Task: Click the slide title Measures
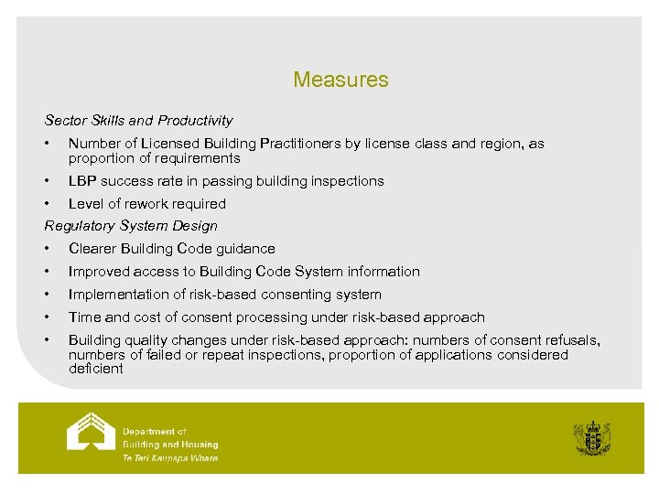[340, 80]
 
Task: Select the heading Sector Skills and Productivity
[138, 120]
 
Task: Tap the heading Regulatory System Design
[131, 226]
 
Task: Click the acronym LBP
[82, 181]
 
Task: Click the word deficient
[95, 369]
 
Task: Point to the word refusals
[572, 340]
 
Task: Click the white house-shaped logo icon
[91, 431]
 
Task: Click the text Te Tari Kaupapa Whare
[170, 458]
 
